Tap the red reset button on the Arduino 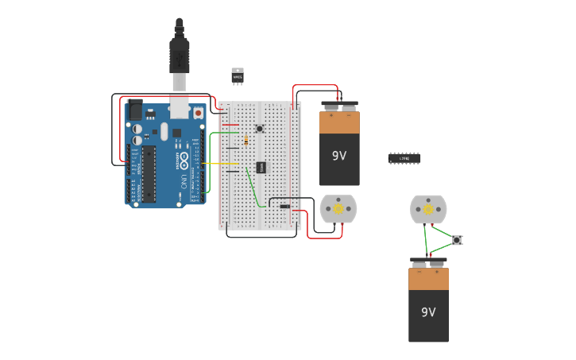tap(198, 114)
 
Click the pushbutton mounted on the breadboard tap(259, 129)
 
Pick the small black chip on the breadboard tap(261, 168)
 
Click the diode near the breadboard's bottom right tap(284, 207)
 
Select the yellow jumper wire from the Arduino tap(222, 164)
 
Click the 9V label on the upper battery tap(339, 156)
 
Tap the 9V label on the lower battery tap(428, 312)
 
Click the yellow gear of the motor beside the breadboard tap(338, 209)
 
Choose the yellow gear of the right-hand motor tap(428, 209)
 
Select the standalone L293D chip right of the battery tap(404, 158)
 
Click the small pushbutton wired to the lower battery tap(457, 240)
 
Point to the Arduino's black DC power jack tap(134, 110)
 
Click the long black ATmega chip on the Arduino tap(149, 172)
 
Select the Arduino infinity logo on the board tap(184, 162)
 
